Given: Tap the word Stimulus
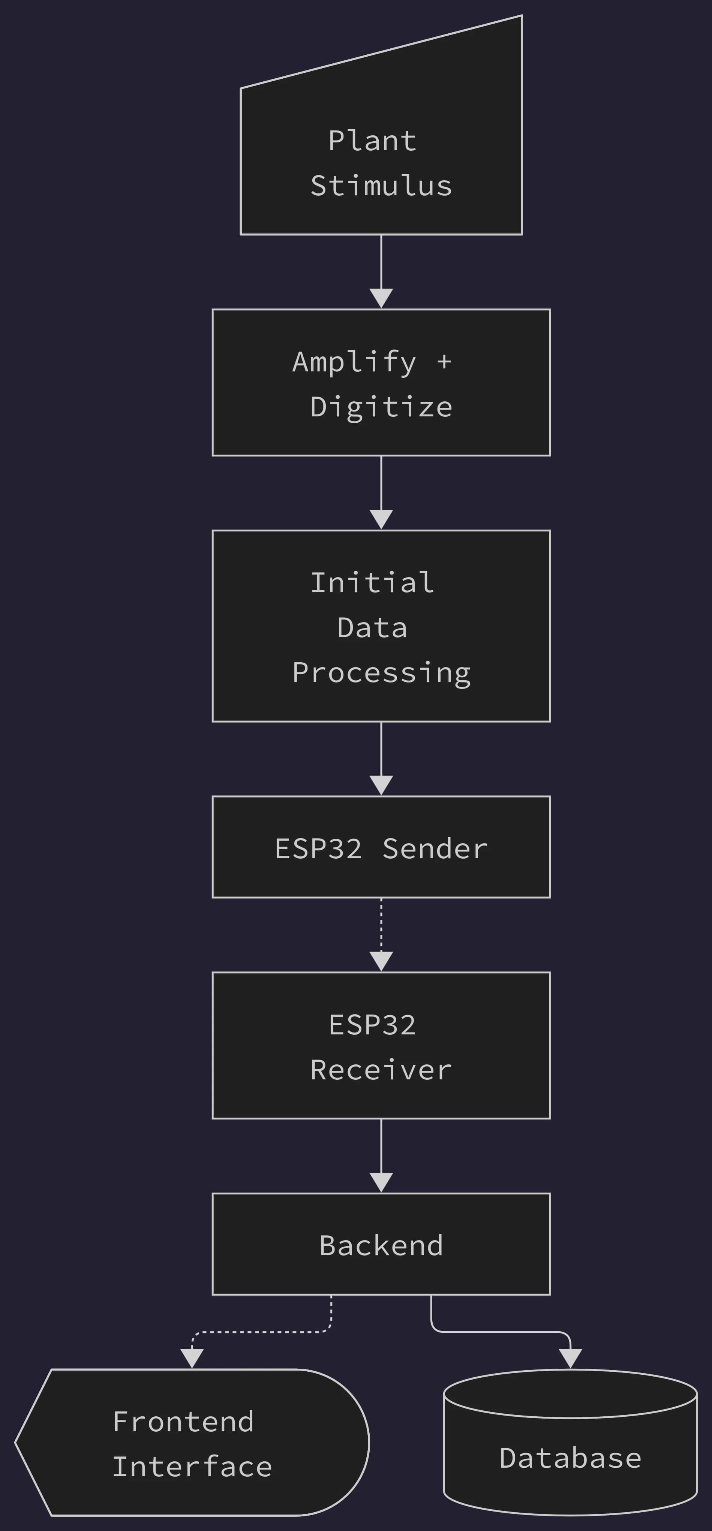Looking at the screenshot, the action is (x=381, y=186).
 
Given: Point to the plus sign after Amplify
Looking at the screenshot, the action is (x=444, y=361).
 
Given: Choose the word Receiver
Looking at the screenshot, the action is (x=381, y=1070).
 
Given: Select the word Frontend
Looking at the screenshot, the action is (x=183, y=1422).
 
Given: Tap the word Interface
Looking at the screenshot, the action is (x=192, y=1467).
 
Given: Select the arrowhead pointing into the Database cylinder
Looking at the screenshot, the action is (x=571, y=1359).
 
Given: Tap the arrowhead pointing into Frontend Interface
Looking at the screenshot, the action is (x=192, y=1359).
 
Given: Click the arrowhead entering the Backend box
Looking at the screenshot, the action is (x=381, y=1183).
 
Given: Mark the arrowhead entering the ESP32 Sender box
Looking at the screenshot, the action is (x=381, y=786).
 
